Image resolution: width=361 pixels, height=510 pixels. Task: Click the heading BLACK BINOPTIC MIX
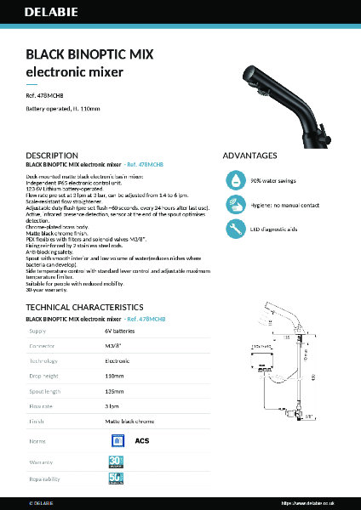click(x=89, y=54)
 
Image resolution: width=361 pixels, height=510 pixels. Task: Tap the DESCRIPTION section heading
click(x=52, y=156)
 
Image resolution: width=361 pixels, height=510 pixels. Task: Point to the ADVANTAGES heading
click(x=249, y=156)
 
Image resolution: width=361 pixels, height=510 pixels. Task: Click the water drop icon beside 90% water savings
click(x=234, y=180)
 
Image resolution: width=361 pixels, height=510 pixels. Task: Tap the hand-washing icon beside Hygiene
click(x=234, y=205)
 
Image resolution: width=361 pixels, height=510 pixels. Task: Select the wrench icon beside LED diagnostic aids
click(x=234, y=229)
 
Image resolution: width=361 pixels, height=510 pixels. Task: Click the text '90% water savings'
click(x=272, y=181)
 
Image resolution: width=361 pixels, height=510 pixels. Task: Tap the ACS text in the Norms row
click(x=142, y=441)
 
